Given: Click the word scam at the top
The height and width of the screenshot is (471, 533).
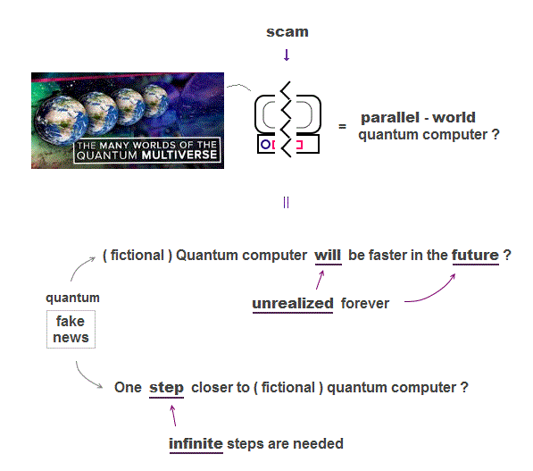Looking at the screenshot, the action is point(287,32).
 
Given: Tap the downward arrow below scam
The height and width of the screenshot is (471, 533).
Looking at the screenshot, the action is point(287,55).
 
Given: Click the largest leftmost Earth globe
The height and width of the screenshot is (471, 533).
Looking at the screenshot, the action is point(62,120).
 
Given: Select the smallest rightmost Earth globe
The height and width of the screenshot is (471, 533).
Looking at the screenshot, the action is point(154,101).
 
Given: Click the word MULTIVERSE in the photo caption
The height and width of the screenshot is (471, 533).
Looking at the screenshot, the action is point(179,156).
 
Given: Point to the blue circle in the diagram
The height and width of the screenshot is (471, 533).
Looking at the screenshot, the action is point(265,145).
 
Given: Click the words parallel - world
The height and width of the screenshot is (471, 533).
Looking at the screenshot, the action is point(418,118).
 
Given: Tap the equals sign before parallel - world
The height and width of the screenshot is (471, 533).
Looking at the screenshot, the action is point(342,127).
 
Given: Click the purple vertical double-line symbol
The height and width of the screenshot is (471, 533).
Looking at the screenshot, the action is point(286,203).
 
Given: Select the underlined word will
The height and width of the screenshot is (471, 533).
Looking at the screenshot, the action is point(328,256).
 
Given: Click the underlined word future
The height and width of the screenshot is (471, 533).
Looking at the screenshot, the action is point(475,256).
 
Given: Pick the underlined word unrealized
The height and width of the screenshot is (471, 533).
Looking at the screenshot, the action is point(293,304).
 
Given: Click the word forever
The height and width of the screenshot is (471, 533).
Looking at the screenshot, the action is point(365,304).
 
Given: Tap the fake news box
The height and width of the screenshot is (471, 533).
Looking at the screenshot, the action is point(71,329).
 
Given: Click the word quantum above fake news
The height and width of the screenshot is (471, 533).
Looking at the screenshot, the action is point(72,298).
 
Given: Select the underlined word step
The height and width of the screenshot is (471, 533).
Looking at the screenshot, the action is point(166,388).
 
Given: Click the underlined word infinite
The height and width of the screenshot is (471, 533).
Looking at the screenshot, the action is point(196,444).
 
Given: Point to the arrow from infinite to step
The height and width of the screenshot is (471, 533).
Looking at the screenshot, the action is point(173,416).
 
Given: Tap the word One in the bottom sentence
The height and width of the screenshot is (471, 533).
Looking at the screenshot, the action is point(128,388).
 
